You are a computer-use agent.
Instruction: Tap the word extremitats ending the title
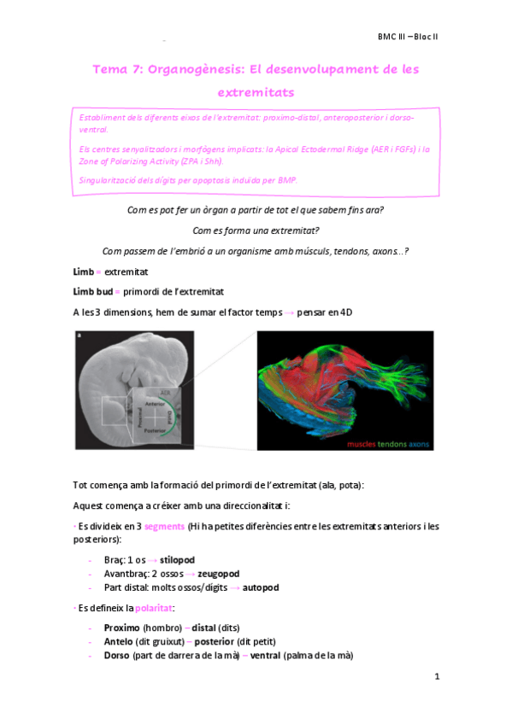click(x=256, y=91)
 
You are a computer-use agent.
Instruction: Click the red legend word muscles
click(x=365, y=445)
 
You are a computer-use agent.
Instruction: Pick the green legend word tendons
click(x=391, y=445)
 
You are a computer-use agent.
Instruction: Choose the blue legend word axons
click(x=420, y=445)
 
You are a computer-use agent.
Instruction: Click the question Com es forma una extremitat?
click(x=256, y=231)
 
